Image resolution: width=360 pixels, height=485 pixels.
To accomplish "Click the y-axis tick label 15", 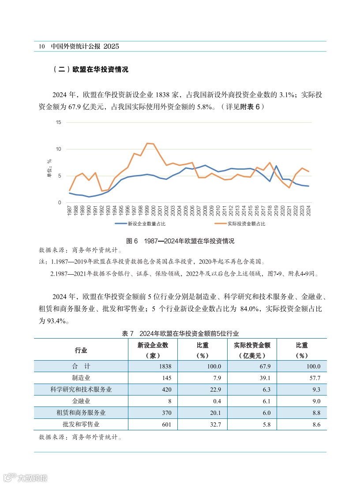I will (59, 122).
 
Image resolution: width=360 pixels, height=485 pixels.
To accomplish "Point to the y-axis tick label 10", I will (59, 149).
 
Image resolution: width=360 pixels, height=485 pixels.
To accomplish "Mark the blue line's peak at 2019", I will (276, 166).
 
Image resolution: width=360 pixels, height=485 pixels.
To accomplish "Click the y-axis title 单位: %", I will (49, 168).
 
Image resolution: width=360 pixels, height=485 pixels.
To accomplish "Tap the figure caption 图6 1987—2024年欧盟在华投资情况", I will (180, 241).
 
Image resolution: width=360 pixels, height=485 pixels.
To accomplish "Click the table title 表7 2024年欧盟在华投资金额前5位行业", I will (180, 334).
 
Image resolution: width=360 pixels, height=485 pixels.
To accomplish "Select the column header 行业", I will (81, 351).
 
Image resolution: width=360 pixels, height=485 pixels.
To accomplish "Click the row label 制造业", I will (81, 378).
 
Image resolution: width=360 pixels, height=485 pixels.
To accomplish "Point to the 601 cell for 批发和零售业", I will (164, 425).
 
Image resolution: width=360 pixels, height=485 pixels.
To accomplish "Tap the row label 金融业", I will (81, 401).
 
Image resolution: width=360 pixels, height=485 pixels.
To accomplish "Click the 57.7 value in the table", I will (314, 378).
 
